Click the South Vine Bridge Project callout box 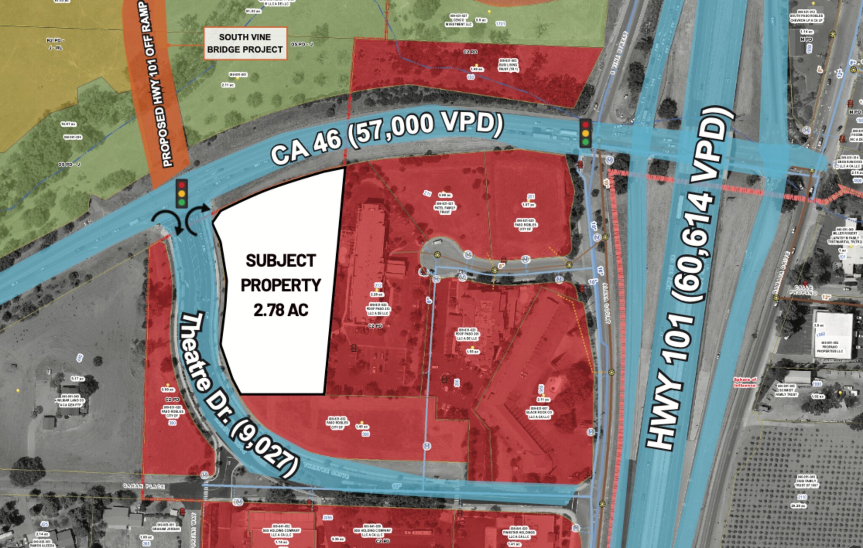click(x=245, y=43)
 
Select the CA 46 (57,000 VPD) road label click(x=386, y=137)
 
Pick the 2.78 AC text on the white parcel click(x=281, y=310)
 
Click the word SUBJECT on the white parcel click(x=281, y=261)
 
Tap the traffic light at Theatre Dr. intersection click(x=182, y=194)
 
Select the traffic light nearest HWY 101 click(x=585, y=133)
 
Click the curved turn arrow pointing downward click(x=169, y=222)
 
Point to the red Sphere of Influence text click(x=745, y=382)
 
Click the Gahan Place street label click(x=144, y=486)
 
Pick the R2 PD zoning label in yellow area click(x=55, y=43)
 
